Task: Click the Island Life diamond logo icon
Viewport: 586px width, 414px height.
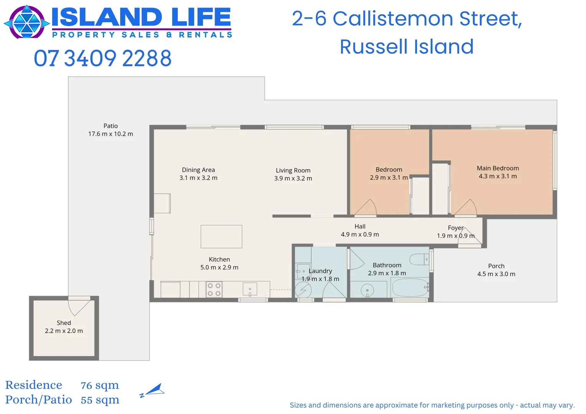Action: click(x=27, y=22)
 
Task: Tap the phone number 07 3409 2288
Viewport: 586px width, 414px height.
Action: click(x=102, y=58)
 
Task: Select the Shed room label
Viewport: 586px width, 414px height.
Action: click(x=64, y=323)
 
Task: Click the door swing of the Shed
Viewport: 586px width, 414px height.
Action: click(x=79, y=306)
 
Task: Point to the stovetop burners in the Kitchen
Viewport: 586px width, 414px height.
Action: click(x=214, y=289)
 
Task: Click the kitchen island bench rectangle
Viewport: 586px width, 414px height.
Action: click(x=221, y=237)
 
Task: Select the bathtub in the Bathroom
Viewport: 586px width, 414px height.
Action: click(x=410, y=287)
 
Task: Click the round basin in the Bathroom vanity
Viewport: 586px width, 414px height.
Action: click(x=367, y=290)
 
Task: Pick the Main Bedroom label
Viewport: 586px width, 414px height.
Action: click(x=498, y=168)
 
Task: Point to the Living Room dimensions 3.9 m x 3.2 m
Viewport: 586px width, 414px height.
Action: click(x=293, y=178)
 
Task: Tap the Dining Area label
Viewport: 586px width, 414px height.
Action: click(x=198, y=170)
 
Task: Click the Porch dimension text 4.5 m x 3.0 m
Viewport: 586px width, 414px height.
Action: click(x=496, y=274)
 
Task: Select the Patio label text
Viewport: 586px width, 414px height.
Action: click(x=110, y=126)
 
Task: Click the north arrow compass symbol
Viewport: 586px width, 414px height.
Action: click(x=153, y=390)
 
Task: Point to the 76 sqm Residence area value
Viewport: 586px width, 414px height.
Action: click(x=100, y=385)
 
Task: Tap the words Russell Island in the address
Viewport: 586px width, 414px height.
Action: click(x=407, y=47)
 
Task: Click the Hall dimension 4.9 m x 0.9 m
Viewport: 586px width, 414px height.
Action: click(x=360, y=235)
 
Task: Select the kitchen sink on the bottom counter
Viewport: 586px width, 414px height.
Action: click(x=250, y=289)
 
